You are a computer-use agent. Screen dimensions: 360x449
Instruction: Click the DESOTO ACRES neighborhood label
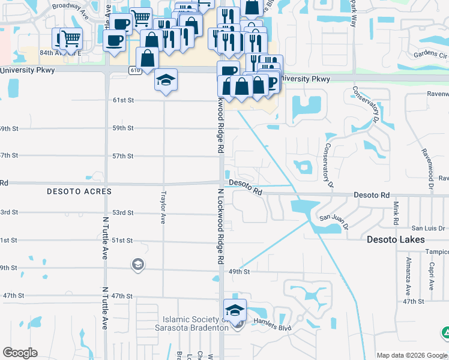pos(79,191)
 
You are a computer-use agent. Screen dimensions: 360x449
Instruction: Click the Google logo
pos(20,353)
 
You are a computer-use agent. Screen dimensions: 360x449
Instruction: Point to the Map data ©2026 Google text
pos(411,355)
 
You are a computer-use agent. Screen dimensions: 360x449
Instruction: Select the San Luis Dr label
pos(427,228)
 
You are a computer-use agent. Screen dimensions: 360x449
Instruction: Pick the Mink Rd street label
pos(396,214)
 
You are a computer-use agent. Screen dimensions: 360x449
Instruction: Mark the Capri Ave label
pos(431,275)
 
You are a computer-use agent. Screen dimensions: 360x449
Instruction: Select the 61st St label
pos(123,100)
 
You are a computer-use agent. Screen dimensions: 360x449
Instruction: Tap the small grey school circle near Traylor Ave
pos(137,265)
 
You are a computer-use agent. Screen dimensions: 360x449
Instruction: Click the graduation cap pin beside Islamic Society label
pos(235,310)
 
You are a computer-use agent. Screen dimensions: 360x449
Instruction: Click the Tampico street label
pos(437,253)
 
